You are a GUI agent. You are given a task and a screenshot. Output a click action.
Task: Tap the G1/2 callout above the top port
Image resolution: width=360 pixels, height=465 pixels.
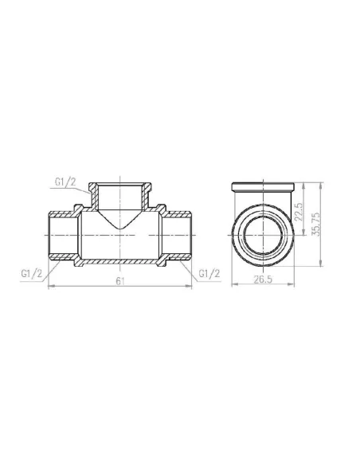pyautogui.click(x=65, y=184)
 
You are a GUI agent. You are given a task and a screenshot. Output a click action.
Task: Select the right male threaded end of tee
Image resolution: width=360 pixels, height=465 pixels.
pyautogui.click(x=178, y=236)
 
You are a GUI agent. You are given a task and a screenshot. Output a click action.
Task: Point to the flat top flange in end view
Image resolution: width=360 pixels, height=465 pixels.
pyautogui.click(x=262, y=188)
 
